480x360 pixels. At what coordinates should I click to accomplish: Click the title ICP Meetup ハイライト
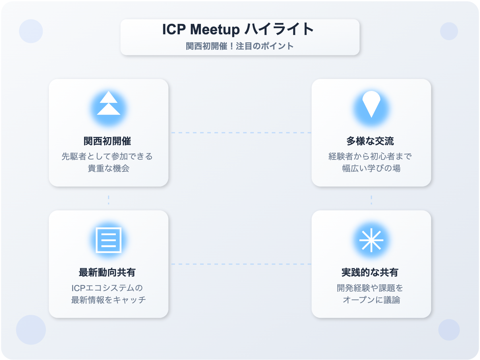238,29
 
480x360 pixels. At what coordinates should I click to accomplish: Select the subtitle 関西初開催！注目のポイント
240,46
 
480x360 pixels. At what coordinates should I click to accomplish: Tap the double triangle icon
109,103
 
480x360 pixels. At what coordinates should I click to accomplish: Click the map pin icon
371,104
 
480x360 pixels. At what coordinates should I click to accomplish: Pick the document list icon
109,240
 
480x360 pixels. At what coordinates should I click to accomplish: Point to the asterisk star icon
371,240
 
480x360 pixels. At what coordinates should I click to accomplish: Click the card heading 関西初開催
107,141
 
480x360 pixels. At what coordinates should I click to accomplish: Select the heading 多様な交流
370,141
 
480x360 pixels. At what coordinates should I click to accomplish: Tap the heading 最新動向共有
107,272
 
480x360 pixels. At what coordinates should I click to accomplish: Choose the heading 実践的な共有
370,272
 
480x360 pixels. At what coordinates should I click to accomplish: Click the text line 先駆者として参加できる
107,156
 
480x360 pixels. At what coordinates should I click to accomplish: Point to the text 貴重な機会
109,168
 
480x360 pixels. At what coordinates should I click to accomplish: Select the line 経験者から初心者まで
370,156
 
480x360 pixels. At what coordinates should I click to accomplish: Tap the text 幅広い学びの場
371,168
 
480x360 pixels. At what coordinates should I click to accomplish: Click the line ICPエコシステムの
107,288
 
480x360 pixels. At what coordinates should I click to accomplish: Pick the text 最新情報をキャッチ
109,300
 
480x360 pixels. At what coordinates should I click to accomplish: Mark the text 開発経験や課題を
370,288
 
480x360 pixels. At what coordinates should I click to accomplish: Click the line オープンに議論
371,300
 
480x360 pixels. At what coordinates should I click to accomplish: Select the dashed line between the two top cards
240,133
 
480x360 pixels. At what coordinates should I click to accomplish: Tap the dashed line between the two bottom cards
240,264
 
